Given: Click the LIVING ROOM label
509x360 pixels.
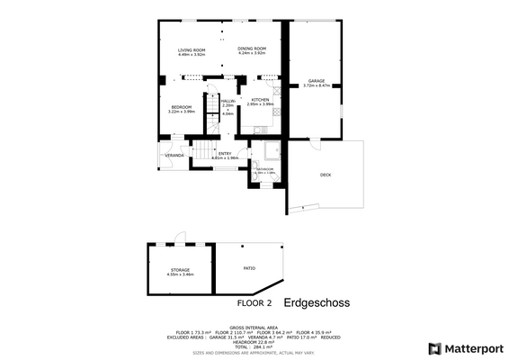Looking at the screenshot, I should (192, 49).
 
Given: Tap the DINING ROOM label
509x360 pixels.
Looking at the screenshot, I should (252, 49).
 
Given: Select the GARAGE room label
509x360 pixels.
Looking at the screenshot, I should (316, 81).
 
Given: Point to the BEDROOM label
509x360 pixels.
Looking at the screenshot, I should (182, 107).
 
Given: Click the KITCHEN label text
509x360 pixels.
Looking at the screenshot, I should (260, 100).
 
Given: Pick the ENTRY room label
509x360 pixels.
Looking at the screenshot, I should (225, 153).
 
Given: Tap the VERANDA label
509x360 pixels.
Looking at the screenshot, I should (174, 156).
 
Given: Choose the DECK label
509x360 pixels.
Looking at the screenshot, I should (325, 175).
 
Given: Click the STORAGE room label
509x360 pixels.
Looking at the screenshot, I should (181, 270).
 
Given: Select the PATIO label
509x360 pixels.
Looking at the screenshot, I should (249, 267).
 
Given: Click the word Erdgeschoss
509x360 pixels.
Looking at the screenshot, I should (317, 303).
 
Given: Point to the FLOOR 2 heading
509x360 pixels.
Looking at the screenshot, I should (254, 304).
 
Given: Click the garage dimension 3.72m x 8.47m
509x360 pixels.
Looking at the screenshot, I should (317, 85).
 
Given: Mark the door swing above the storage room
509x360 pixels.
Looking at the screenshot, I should (180, 238).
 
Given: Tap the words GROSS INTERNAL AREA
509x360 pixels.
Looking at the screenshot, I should (254, 328).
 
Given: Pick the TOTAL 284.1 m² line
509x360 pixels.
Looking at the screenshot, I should (254, 346).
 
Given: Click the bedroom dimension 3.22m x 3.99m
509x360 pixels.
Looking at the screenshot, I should (182, 112).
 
